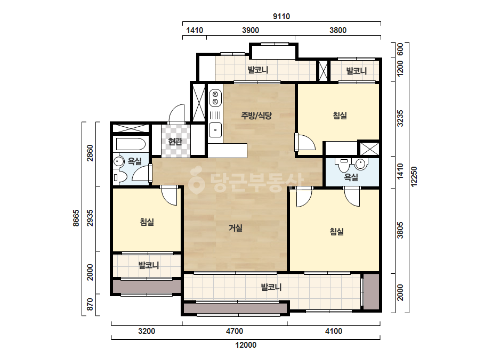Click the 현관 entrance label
tap(175, 142)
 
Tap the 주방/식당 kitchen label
tap(256, 116)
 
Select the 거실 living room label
tap(235, 228)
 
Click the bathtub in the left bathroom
tap(131, 144)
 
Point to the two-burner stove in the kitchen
tap(215, 97)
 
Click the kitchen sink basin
tap(215, 130)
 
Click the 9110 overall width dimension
tap(281, 17)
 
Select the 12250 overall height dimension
tap(414, 177)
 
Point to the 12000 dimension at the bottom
tap(246, 345)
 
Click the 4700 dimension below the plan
tap(235, 331)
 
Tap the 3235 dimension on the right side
tap(400, 118)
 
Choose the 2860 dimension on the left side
tap(90, 153)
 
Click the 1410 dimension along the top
tap(195, 30)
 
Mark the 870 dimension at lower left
tap(90, 304)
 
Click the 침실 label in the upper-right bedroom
tap(340, 116)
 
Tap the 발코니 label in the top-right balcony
tap(357, 71)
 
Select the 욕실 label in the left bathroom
tap(135, 161)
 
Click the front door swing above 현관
tap(176, 114)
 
